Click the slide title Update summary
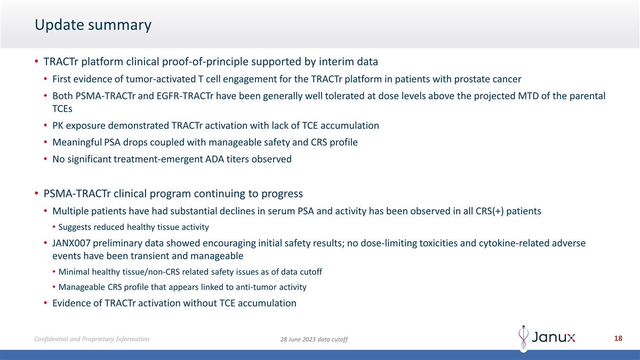(93, 25)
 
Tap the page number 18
(618, 339)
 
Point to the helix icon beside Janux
(524, 338)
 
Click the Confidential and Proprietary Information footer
(92, 339)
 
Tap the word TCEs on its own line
(62, 108)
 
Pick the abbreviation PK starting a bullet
(58, 126)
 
